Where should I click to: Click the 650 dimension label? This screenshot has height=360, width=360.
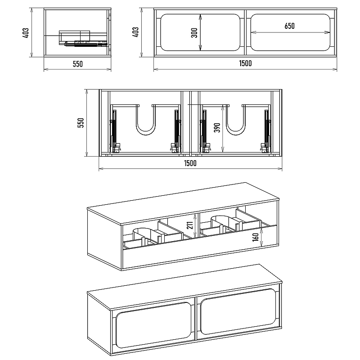(x=289, y=26)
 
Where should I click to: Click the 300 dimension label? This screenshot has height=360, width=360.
(x=194, y=32)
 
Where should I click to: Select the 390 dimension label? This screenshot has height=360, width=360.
(x=217, y=128)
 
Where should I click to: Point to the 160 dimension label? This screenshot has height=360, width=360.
(x=255, y=237)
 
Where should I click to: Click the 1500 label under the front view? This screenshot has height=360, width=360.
(x=245, y=63)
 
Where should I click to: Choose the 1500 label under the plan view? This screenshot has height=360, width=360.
(x=190, y=163)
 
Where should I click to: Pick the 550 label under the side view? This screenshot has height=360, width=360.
(x=77, y=64)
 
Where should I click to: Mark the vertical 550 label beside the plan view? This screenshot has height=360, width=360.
(x=81, y=123)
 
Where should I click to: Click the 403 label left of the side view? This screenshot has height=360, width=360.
(x=26, y=32)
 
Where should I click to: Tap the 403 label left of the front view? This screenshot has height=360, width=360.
(x=135, y=32)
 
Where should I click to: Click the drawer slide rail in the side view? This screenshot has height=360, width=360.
(x=86, y=44)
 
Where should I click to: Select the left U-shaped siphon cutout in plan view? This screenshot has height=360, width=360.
(x=146, y=120)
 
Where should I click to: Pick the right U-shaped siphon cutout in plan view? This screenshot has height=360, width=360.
(x=236, y=120)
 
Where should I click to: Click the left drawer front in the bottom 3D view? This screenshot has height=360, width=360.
(x=153, y=324)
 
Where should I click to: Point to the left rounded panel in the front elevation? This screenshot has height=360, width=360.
(x=200, y=32)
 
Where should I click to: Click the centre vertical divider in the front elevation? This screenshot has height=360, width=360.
(x=245, y=32)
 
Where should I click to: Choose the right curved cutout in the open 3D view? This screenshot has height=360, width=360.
(x=223, y=223)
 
